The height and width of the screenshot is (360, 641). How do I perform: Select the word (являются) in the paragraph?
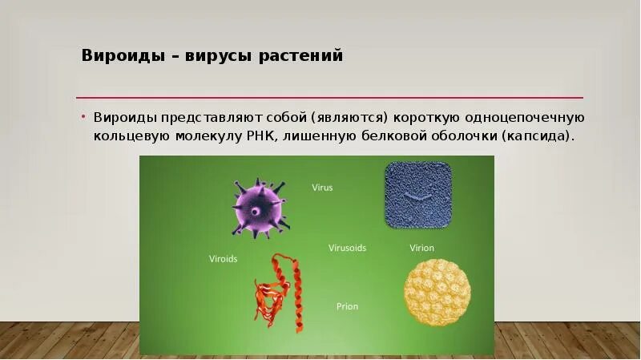350,117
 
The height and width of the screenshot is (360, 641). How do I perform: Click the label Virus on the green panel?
322,188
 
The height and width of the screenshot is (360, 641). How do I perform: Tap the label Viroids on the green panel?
223,259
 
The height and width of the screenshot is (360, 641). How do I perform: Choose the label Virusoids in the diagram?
347,248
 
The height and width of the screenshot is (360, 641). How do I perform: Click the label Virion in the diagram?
421,248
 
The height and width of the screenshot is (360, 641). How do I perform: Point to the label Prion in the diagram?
347,306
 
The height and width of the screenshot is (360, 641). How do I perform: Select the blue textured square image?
417,196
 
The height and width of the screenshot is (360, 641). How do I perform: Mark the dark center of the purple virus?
254,212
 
